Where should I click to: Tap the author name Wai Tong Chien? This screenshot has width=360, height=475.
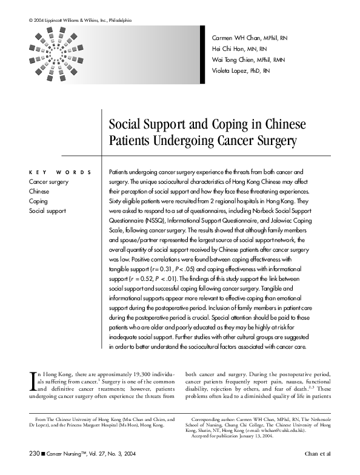click(236, 60)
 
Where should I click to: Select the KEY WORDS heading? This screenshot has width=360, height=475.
click(60, 172)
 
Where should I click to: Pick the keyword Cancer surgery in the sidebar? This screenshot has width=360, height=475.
click(48, 181)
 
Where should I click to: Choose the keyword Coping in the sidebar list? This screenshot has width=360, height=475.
click(38, 201)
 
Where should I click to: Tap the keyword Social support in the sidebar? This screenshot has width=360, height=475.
click(47, 211)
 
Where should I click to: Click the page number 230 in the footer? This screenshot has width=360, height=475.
click(34, 453)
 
